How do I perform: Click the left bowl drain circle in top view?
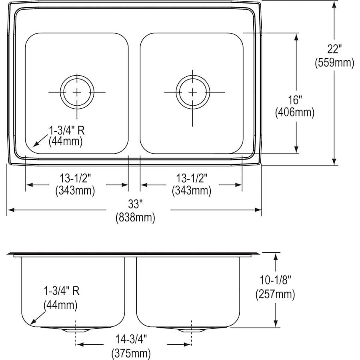[x=77, y=92]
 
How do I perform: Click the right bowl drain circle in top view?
[x=192, y=92]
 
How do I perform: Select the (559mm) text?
[x=334, y=63]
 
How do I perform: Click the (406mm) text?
[x=295, y=113]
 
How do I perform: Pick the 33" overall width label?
[x=135, y=204]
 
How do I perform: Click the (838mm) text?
[x=135, y=218]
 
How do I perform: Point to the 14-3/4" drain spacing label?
[x=132, y=340]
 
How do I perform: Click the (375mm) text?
[x=132, y=354]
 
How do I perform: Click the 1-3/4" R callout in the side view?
[x=61, y=291]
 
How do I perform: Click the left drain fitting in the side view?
[x=75, y=330]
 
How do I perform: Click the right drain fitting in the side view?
[x=192, y=330]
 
